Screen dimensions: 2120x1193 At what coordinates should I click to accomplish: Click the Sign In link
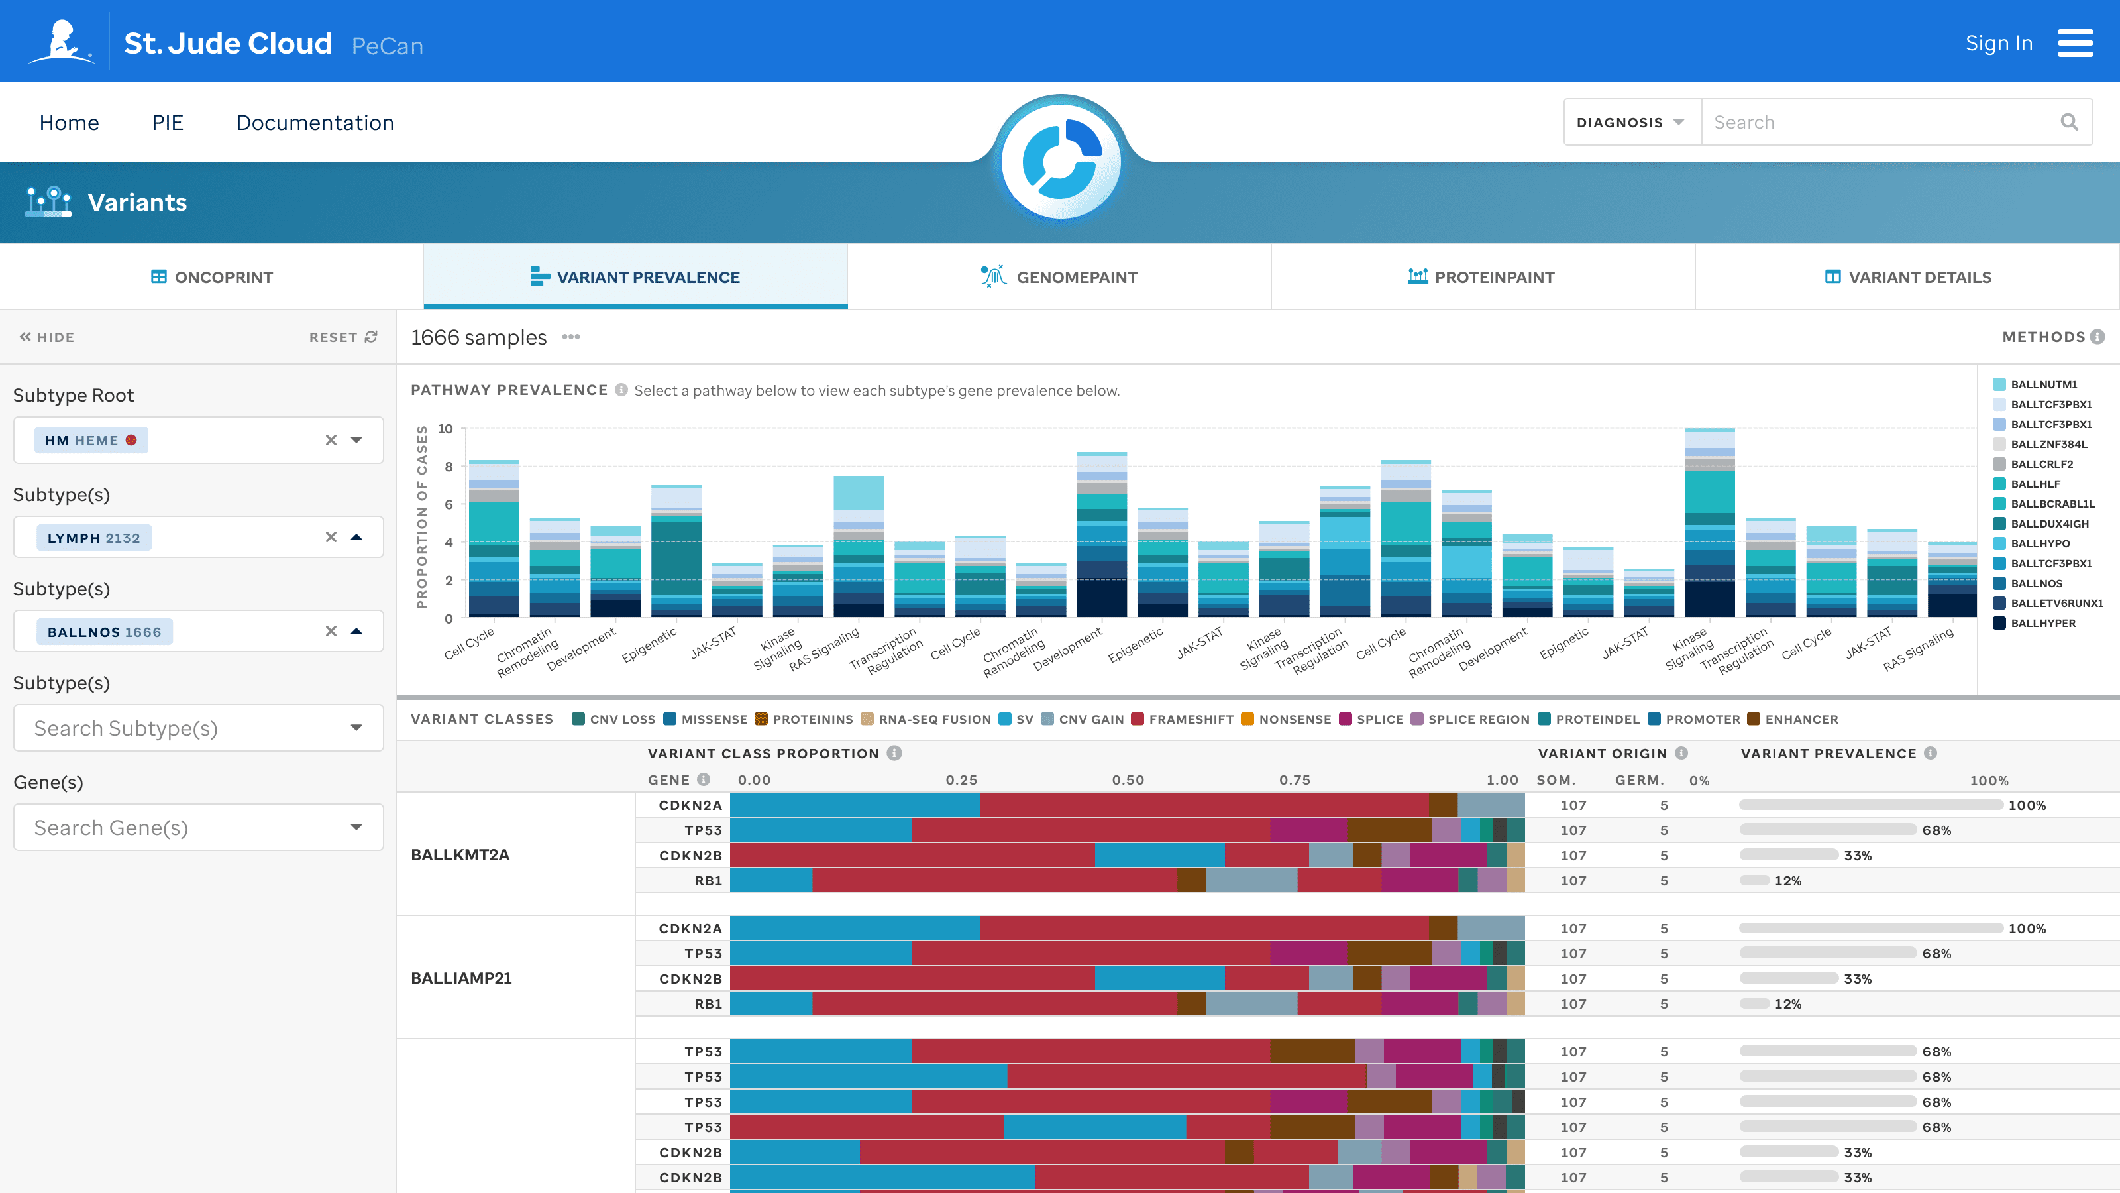point(1998,44)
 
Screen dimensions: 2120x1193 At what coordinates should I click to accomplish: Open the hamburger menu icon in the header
point(2075,43)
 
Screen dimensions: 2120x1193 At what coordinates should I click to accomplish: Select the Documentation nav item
point(315,123)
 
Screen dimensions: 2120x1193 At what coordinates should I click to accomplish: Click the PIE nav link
point(168,123)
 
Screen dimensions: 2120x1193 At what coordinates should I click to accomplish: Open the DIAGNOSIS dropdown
point(1630,123)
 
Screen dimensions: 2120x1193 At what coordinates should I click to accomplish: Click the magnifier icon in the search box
point(2069,123)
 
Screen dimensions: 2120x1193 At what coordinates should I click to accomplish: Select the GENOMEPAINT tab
point(1059,276)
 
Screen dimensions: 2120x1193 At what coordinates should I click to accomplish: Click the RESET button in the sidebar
point(343,337)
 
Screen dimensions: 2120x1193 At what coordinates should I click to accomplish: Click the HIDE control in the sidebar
point(47,337)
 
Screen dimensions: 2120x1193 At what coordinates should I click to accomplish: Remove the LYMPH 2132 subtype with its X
point(331,537)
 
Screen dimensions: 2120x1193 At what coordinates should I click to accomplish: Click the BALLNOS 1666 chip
point(104,632)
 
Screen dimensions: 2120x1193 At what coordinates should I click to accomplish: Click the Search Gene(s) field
point(198,827)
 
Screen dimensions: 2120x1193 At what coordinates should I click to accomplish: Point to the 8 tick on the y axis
point(449,467)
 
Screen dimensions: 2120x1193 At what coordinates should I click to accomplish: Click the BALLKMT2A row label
point(460,854)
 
